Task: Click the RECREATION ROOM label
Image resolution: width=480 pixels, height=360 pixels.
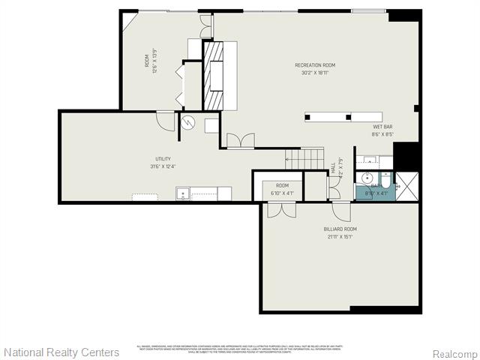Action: pos(314,65)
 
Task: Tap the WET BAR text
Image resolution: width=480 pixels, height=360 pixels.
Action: pos(382,127)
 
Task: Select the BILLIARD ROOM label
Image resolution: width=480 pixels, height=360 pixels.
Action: pos(340,229)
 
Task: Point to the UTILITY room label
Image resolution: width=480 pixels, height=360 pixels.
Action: pos(163,159)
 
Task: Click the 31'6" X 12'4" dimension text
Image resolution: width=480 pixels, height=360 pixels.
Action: pos(163,166)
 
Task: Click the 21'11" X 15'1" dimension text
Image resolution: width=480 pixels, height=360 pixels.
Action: pos(340,236)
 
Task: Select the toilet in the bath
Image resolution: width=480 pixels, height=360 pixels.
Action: pos(385,181)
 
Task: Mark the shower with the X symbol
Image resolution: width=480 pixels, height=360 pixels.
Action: pos(407,186)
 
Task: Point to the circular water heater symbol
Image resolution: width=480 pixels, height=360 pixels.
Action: pos(189,122)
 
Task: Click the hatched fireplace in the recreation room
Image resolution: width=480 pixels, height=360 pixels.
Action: pos(214,75)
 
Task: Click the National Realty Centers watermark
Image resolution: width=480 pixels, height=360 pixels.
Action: pos(61,352)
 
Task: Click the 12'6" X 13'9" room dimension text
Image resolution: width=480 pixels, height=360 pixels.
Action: pos(155,61)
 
